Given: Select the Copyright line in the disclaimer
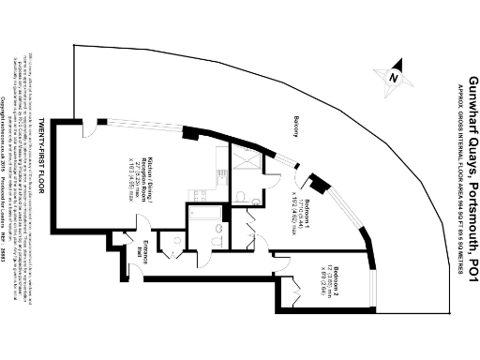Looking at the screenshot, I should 27,253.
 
